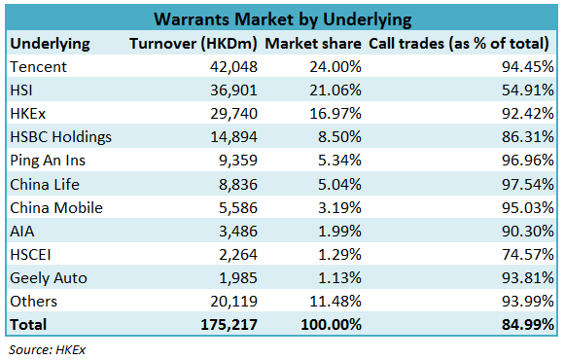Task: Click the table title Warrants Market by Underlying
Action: [281, 19]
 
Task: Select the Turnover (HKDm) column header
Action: [194, 44]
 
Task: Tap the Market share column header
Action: [312, 44]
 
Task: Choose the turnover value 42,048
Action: [231, 67]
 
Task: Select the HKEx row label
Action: [28, 114]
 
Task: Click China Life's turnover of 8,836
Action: [236, 184]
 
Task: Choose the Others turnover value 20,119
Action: [231, 301]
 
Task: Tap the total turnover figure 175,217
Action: [228, 324]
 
